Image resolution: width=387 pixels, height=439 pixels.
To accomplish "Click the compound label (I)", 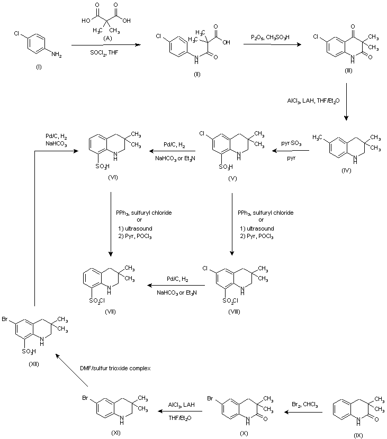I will point(23,67).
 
